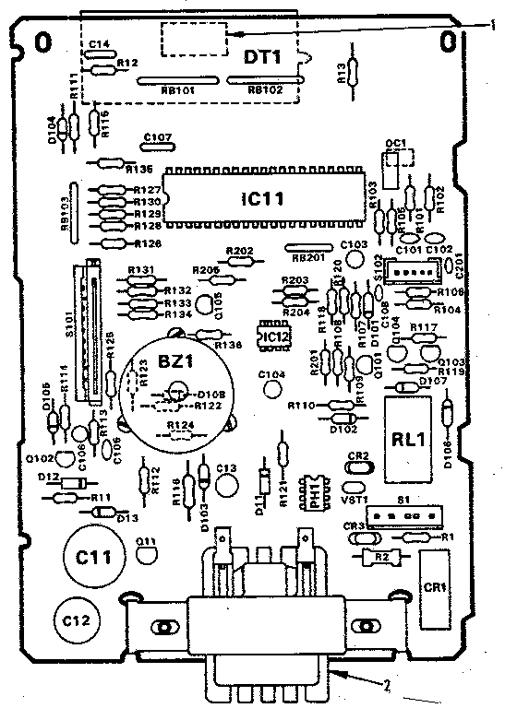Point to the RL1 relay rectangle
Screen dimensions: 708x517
coord(407,439)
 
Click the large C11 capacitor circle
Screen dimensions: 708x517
coord(91,557)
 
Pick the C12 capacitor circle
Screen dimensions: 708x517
coord(76,620)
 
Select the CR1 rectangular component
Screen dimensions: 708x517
coord(434,587)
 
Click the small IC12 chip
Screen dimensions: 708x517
coord(274,338)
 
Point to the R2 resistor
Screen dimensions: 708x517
coord(380,557)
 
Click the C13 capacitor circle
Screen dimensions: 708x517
coord(225,479)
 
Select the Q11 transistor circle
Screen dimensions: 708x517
coord(146,553)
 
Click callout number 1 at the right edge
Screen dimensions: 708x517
coord(495,27)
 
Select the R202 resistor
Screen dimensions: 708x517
coord(239,261)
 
